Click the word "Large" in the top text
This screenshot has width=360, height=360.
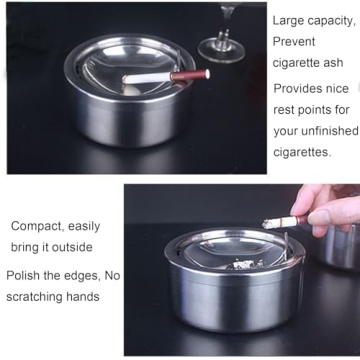click(290, 19)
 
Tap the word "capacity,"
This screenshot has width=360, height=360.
click(331, 19)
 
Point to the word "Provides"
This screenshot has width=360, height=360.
click(300, 88)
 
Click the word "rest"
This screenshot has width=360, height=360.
click(287, 109)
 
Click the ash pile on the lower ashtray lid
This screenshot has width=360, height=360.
click(243, 263)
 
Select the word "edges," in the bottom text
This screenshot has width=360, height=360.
click(81, 275)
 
